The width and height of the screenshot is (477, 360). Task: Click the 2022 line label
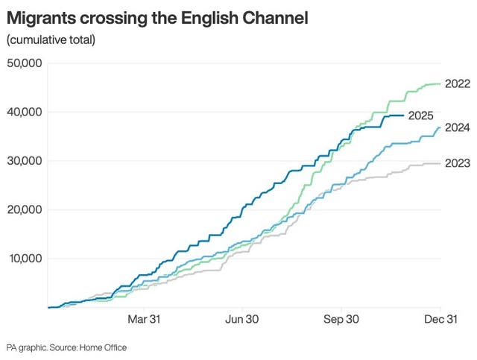[x=456, y=84]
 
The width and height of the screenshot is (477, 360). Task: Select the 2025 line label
[x=421, y=116]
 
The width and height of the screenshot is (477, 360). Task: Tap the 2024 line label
[x=456, y=127]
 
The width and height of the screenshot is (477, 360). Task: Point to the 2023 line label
[x=456, y=163]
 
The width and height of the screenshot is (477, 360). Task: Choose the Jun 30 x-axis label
[x=241, y=319]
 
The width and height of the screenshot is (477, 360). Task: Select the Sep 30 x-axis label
[x=341, y=319]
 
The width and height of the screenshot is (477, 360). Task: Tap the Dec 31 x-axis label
[x=440, y=319]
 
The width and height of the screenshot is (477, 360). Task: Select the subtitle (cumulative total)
[x=51, y=39]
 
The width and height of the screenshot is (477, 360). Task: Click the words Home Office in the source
[x=104, y=347]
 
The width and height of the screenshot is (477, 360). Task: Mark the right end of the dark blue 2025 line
[x=403, y=116]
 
